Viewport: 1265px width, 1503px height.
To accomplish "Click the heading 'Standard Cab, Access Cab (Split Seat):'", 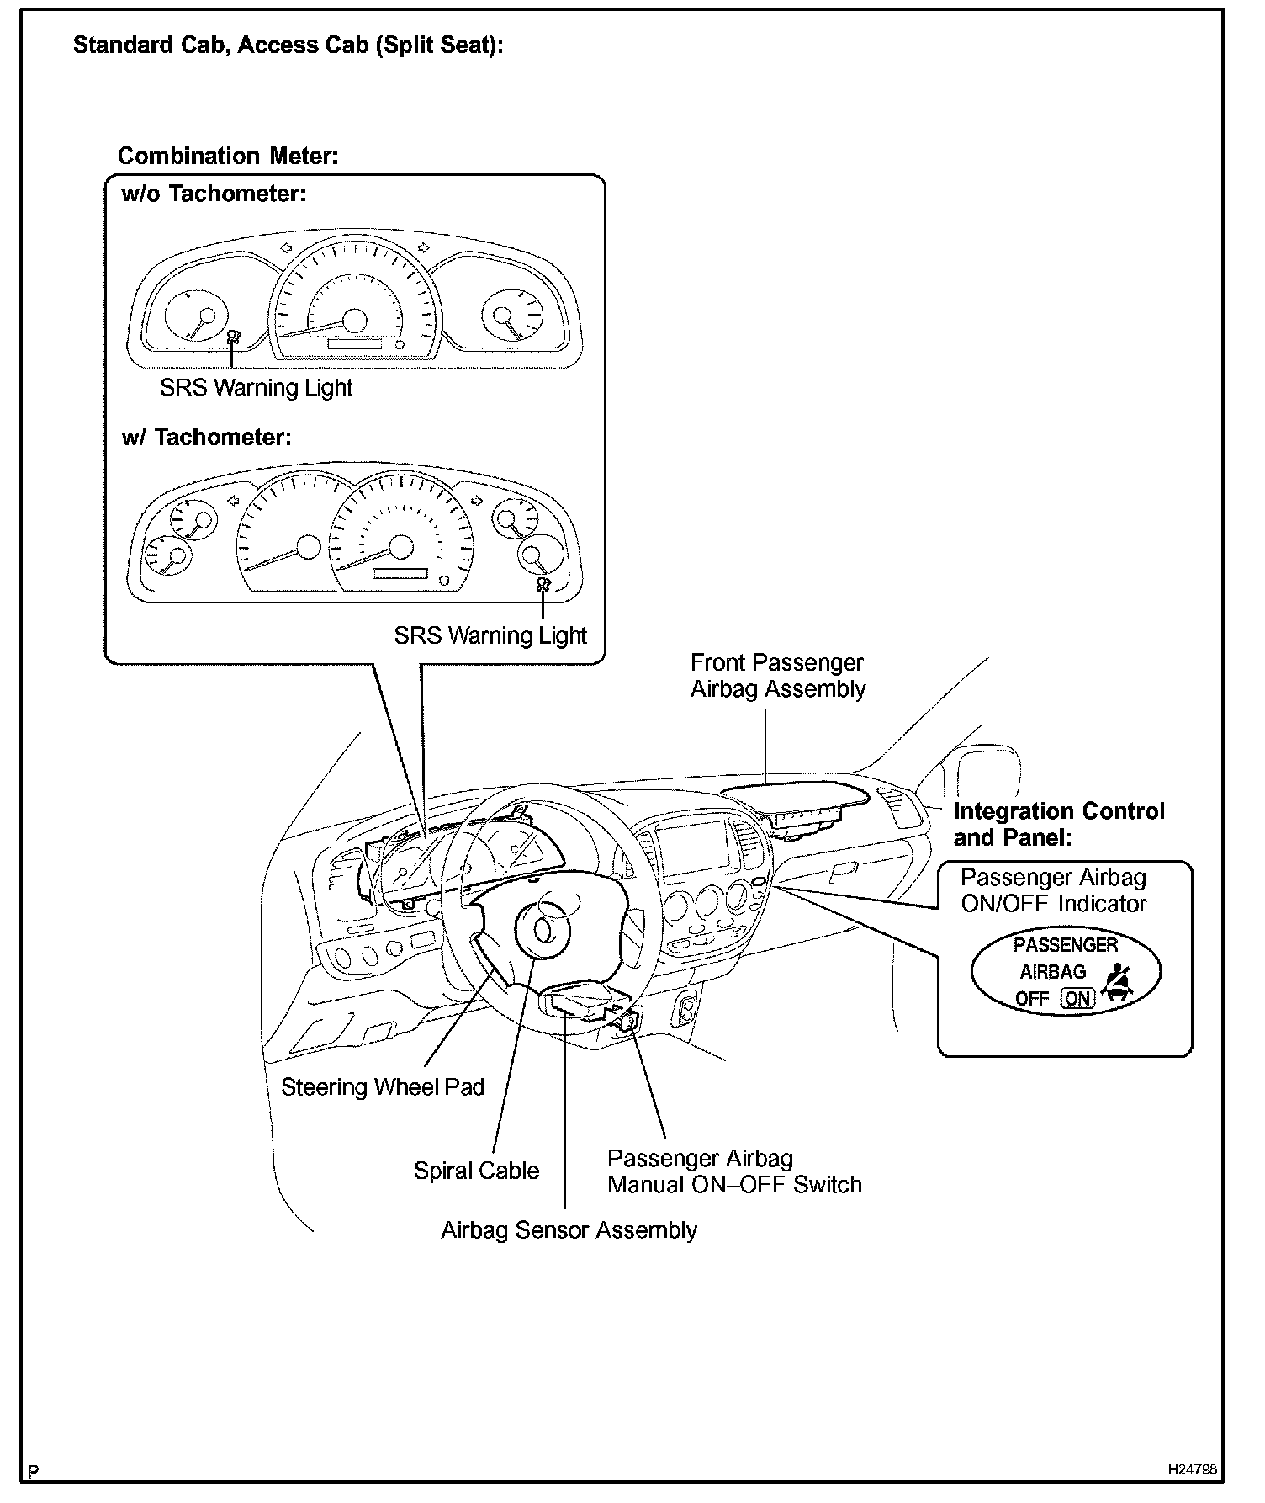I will (x=288, y=45).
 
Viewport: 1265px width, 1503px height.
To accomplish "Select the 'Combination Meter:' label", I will (x=228, y=156).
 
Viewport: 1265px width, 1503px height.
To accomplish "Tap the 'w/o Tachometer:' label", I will (x=214, y=194).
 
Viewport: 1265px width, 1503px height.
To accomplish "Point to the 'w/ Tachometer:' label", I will (x=206, y=438).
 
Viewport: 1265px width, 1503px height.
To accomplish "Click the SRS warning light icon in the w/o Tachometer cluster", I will (x=233, y=336).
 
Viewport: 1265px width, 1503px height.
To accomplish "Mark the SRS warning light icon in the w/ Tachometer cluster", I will (x=543, y=585).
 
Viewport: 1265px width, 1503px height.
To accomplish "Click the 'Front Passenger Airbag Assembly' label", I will (x=777, y=676).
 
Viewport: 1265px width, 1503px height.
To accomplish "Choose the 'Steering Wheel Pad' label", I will (x=383, y=1087).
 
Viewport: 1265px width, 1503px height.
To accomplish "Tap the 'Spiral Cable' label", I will (x=476, y=1171).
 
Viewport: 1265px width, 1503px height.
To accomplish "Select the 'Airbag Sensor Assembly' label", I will (x=569, y=1230).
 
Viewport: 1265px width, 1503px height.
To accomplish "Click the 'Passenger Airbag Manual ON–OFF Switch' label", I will (x=734, y=1171).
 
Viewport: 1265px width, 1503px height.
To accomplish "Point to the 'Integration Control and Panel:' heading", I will (x=1058, y=825).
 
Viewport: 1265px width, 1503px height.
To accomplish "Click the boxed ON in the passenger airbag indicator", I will (x=1077, y=999).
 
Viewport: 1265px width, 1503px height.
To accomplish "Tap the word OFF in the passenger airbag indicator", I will (x=1032, y=999).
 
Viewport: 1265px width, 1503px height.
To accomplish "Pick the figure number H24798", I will (x=1192, y=1469).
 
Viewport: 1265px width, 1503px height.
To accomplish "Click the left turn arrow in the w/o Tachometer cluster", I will (x=286, y=247).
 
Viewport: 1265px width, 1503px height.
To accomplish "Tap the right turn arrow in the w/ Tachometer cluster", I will (x=477, y=501).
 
